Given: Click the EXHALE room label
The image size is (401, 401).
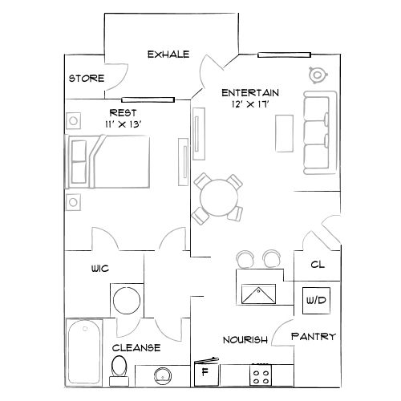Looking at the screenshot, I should click(168, 55).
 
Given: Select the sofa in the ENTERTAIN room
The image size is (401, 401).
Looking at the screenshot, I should click(319, 132).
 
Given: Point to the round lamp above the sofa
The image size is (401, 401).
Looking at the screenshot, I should click(316, 75).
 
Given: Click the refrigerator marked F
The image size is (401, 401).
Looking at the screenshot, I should click(205, 373).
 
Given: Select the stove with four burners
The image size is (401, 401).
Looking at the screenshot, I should click(261, 374).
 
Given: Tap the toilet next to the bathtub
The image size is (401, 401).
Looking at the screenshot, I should click(119, 368).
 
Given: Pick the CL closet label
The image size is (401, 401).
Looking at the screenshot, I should click(316, 263).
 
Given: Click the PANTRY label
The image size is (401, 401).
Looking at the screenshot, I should click(313, 337).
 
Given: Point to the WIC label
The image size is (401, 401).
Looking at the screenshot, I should click(100, 270).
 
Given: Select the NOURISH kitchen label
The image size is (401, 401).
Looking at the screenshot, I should click(245, 340).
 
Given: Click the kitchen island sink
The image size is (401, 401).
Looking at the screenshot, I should click(259, 294).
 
